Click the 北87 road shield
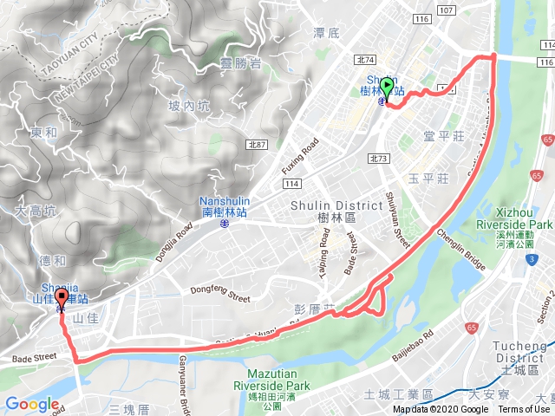pyautogui.click(x=255, y=144)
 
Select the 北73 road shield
pyautogui.click(x=377, y=158)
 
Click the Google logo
pyautogui.click(x=31, y=404)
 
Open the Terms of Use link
pyautogui.click(x=523, y=410)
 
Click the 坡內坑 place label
pyautogui.click(x=189, y=106)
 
